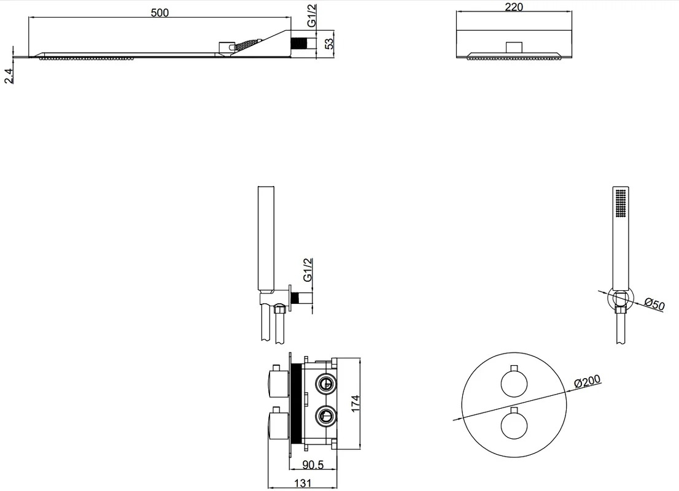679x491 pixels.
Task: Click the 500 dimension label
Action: tap(160, 12)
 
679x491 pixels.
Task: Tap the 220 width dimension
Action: tap(514, 7)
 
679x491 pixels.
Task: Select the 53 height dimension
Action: tap(329, 44)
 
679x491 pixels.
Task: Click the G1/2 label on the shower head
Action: tap(312, 16)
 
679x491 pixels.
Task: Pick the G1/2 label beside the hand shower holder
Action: tap(308, 270)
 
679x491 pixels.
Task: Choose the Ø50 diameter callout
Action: tap(654, 304)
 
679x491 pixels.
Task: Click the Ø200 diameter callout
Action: tap(588, 382)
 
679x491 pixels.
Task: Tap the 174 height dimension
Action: tap(355, 403)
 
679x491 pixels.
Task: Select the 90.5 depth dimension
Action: tap(312, 465)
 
